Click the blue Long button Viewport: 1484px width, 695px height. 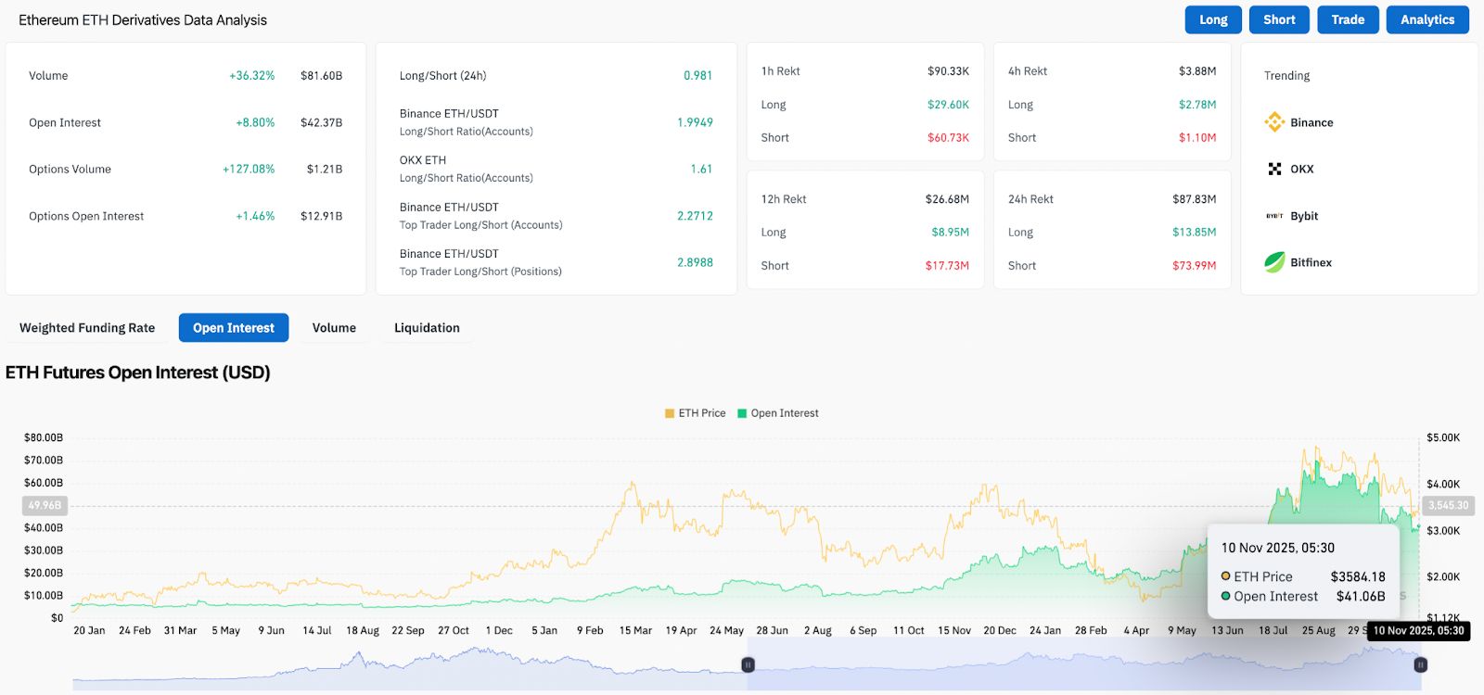tap(1212, 19)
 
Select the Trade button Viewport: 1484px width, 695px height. tap(1348, 19)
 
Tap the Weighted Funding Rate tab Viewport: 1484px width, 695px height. tap(87, 328)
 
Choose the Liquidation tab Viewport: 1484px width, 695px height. tap(427, 328)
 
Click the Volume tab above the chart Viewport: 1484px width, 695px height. tap(334, 328)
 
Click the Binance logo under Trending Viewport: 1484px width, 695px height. tap(1274, 122)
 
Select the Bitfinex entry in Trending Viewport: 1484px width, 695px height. tap(1311, 262)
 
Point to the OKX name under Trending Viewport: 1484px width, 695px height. tap(1301, 169)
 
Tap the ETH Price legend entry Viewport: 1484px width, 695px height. tap(701, 413)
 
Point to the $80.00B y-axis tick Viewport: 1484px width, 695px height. tap(44, 437)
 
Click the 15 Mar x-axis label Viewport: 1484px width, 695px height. tap(635, 630)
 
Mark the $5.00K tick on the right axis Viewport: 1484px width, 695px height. tap(1443, 437)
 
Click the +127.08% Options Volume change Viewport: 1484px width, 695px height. tap(249, 169)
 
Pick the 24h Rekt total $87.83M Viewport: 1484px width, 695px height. tap(1194, 199)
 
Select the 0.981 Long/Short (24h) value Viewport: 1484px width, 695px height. tap(697, 76)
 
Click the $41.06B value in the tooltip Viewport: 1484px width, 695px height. tap(1360, 597)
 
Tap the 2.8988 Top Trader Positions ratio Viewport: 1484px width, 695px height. tap(695, 262)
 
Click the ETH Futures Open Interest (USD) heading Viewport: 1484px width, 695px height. tap(138, 373)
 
